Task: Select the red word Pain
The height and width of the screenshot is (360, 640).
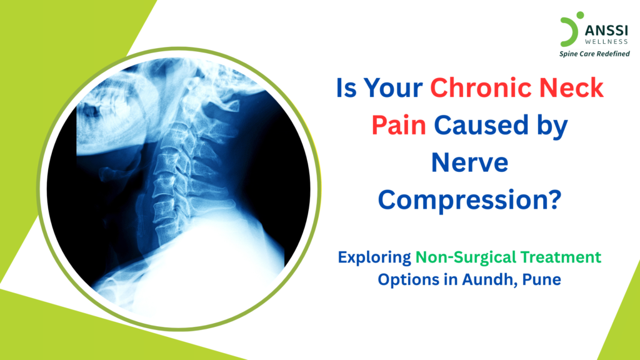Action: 399,126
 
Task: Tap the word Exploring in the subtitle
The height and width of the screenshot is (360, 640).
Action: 374,257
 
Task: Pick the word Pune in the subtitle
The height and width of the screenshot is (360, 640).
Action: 542,279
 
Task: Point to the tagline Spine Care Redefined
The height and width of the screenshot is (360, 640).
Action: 594,54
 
